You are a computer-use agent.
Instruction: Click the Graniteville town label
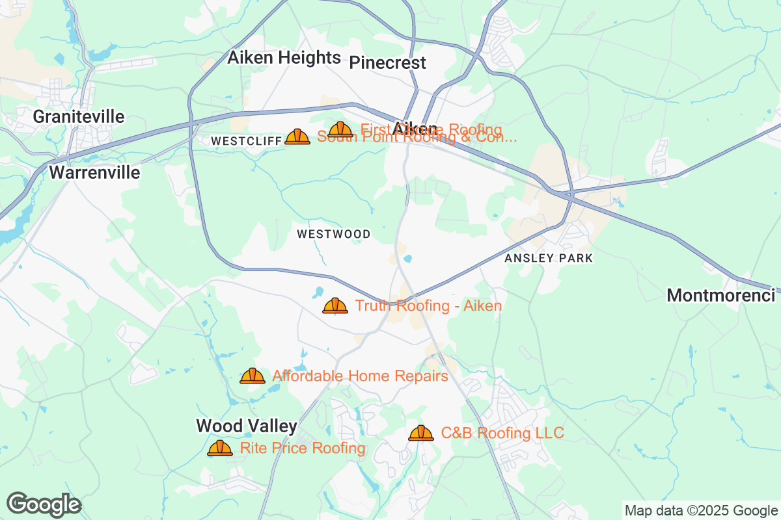click(x=79, y=116)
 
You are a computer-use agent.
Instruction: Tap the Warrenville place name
click(x=94, y=172)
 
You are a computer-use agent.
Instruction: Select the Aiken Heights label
click(x=284, y=58)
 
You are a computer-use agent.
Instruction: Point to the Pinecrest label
click(x=388, y=62)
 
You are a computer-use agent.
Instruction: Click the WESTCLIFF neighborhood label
click(x=246, y=141)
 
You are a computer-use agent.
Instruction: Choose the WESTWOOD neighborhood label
click(x=333, y=234)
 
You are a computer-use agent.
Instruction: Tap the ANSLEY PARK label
click(x=549, y=258)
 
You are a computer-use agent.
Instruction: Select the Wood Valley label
click(x=247, y=426)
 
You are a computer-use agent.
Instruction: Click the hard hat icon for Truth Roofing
click(x=335, y=305)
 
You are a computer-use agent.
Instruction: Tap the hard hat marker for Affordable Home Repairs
click(x=253, y=376)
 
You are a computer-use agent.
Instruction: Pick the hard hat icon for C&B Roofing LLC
click(x=421, y=433)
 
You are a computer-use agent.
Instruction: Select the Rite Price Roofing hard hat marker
click(x=220, y=448)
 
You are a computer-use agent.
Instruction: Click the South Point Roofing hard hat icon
click(x=297, y=136)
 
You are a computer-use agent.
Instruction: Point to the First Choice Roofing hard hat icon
click(x=340, y=129)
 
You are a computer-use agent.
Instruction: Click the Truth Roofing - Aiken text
click(x=428, y=305)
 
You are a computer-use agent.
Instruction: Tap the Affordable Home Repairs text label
click(x=360, y=376)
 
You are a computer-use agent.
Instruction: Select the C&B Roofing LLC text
click(x=502, y=433)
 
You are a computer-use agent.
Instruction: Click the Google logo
click(x=44, y=504)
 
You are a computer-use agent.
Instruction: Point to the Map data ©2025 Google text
click(x=701, y=510)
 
